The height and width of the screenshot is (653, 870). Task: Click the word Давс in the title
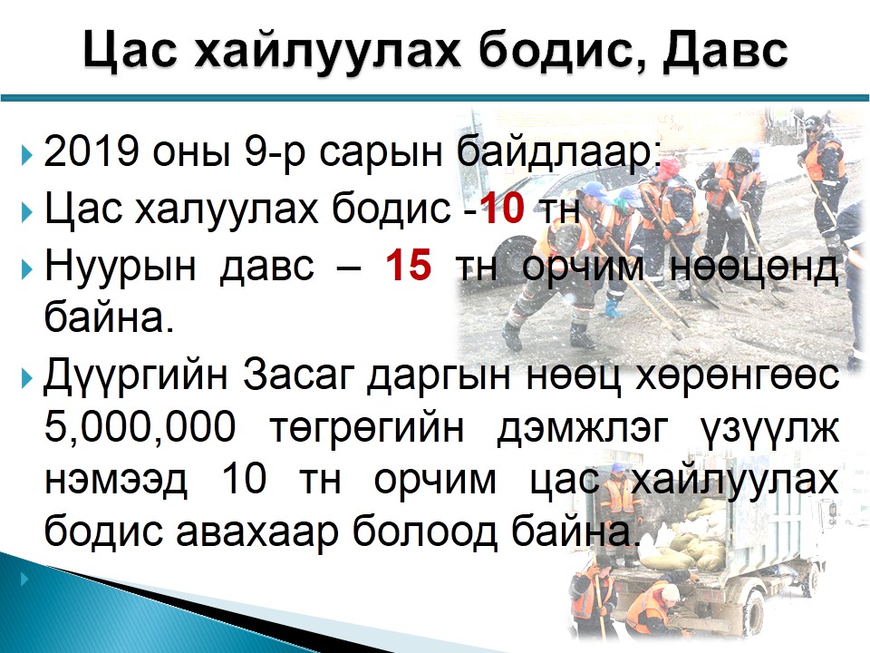(x=725, y=51)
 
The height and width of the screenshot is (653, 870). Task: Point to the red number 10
(x=501, y=208)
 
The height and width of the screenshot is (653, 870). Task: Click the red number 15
(x=409, y=264)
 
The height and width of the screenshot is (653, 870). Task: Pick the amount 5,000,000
(x=140, y=427)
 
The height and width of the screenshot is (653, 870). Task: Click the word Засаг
(x=298, y=375)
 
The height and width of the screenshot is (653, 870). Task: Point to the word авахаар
(x=256, y=532)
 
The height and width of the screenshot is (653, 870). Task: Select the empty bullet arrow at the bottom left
(x=24, y=580)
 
